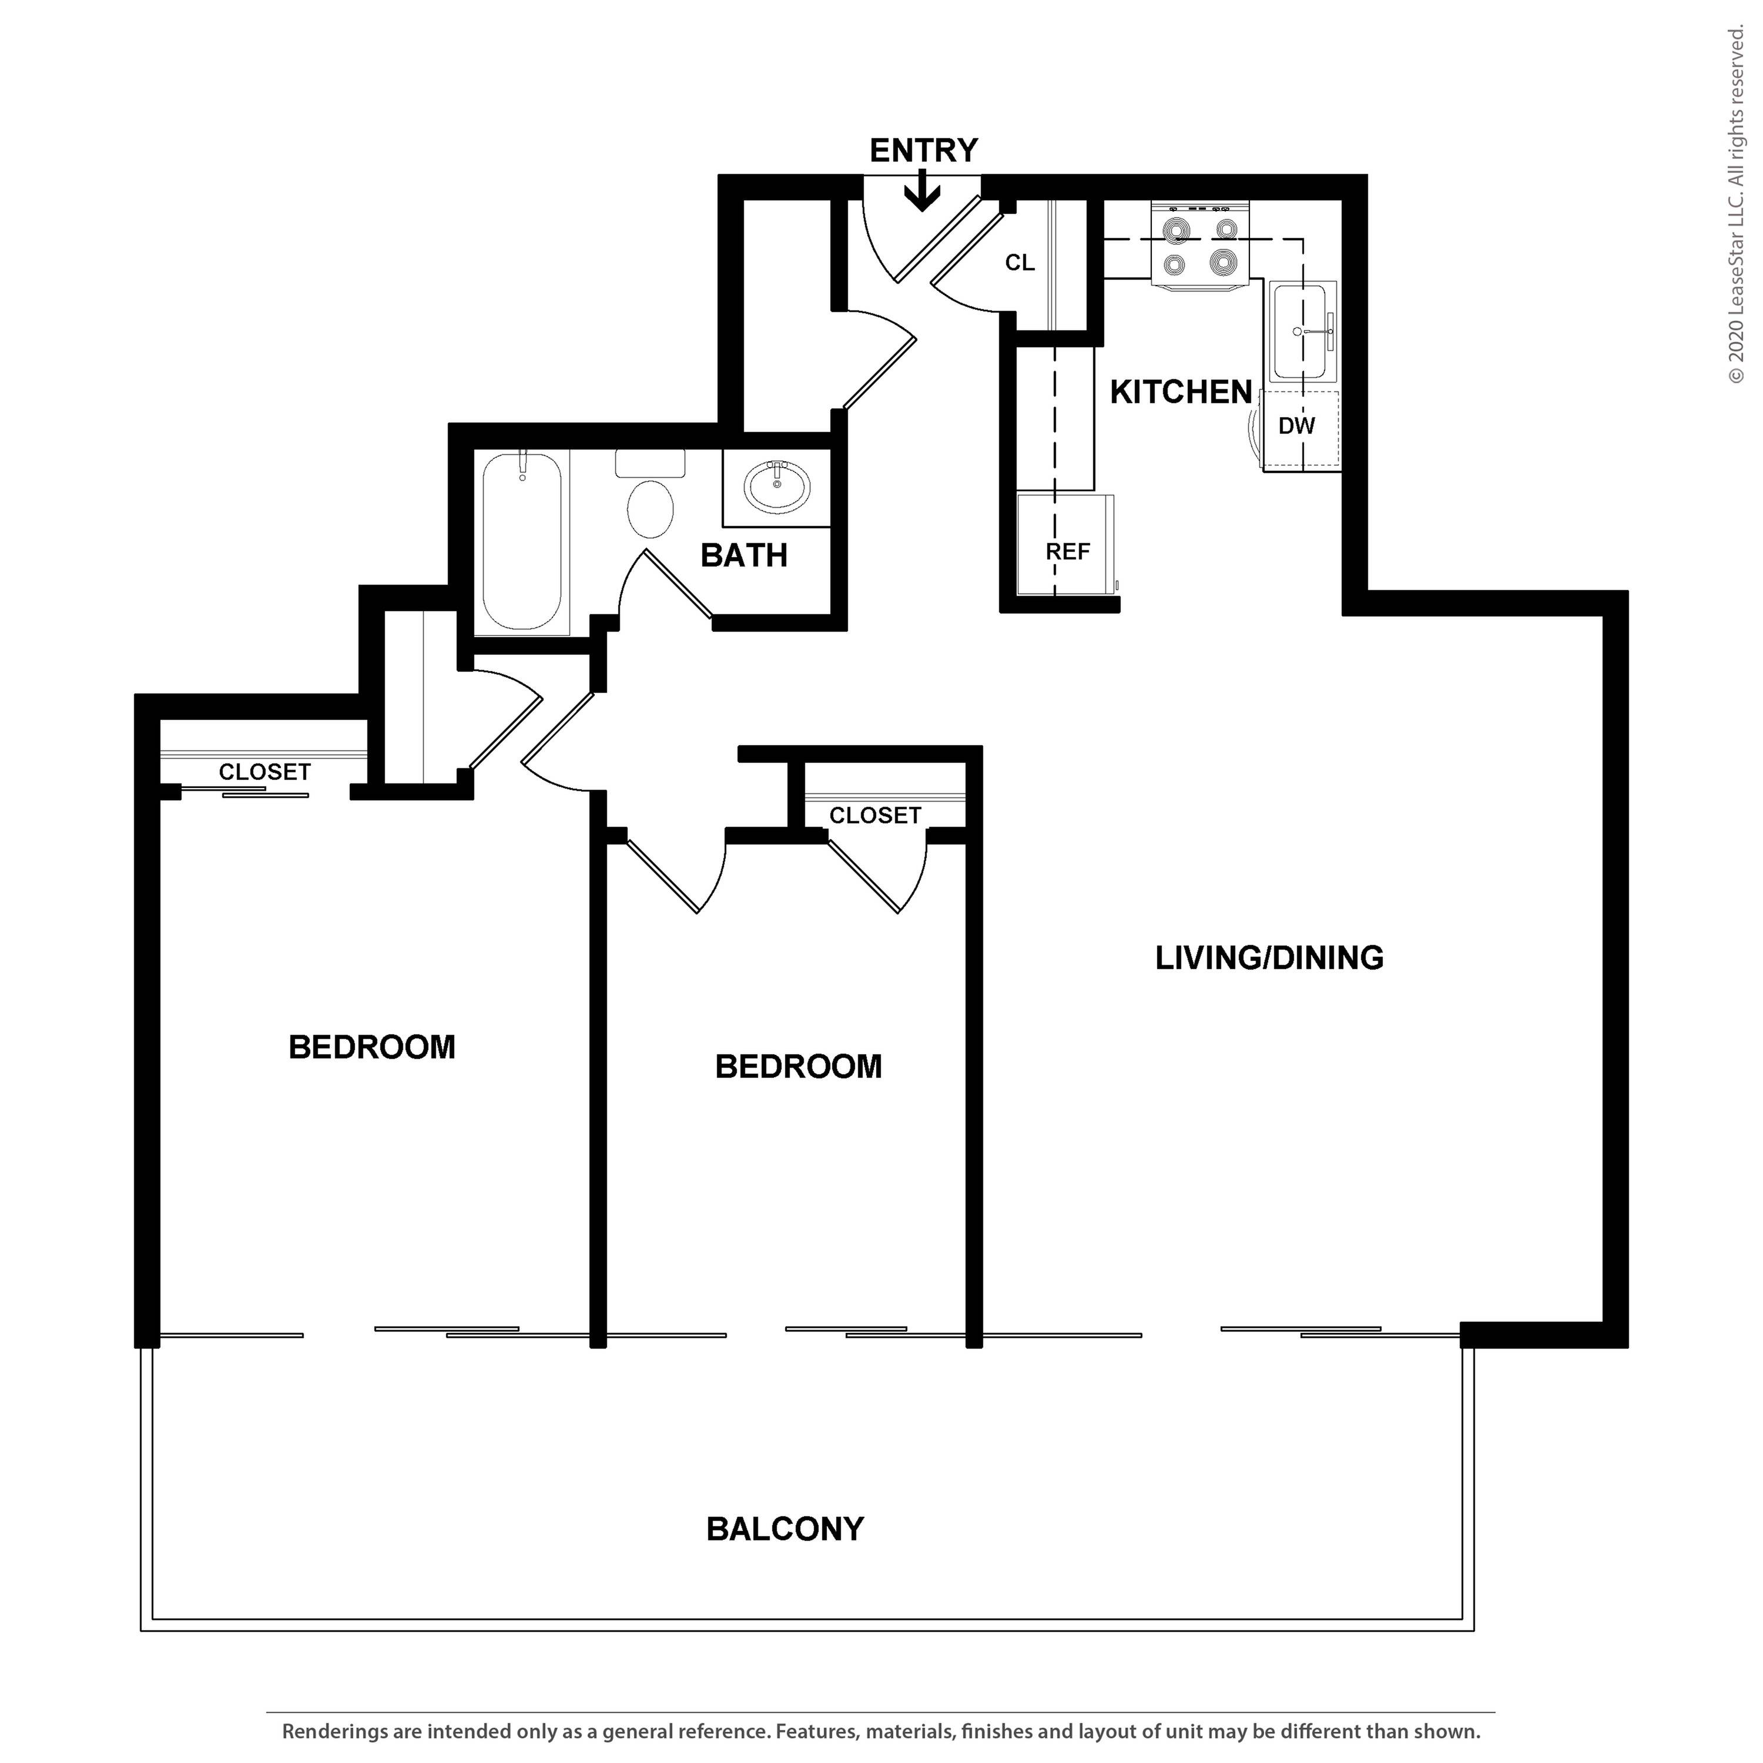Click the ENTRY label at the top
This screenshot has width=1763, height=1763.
pos(923,150)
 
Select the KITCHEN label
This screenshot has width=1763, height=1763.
pos(1181,393)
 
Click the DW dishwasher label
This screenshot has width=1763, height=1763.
pos(1297,426)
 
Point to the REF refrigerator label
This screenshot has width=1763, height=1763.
pos(1068,552)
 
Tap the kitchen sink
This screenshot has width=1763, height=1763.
pos(1301,332)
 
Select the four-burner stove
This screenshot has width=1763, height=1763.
pos(1200,246)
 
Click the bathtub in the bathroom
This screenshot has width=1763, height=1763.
pos(522,542)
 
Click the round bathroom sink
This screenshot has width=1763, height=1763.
pos(776,487)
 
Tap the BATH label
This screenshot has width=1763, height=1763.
pos(744,556)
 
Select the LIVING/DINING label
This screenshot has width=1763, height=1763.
pos(1269,958)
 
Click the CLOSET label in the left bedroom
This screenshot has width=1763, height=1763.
pos(264,772)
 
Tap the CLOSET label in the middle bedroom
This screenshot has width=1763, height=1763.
pos(875,816)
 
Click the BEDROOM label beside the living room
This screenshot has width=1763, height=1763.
pos(799,1067)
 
